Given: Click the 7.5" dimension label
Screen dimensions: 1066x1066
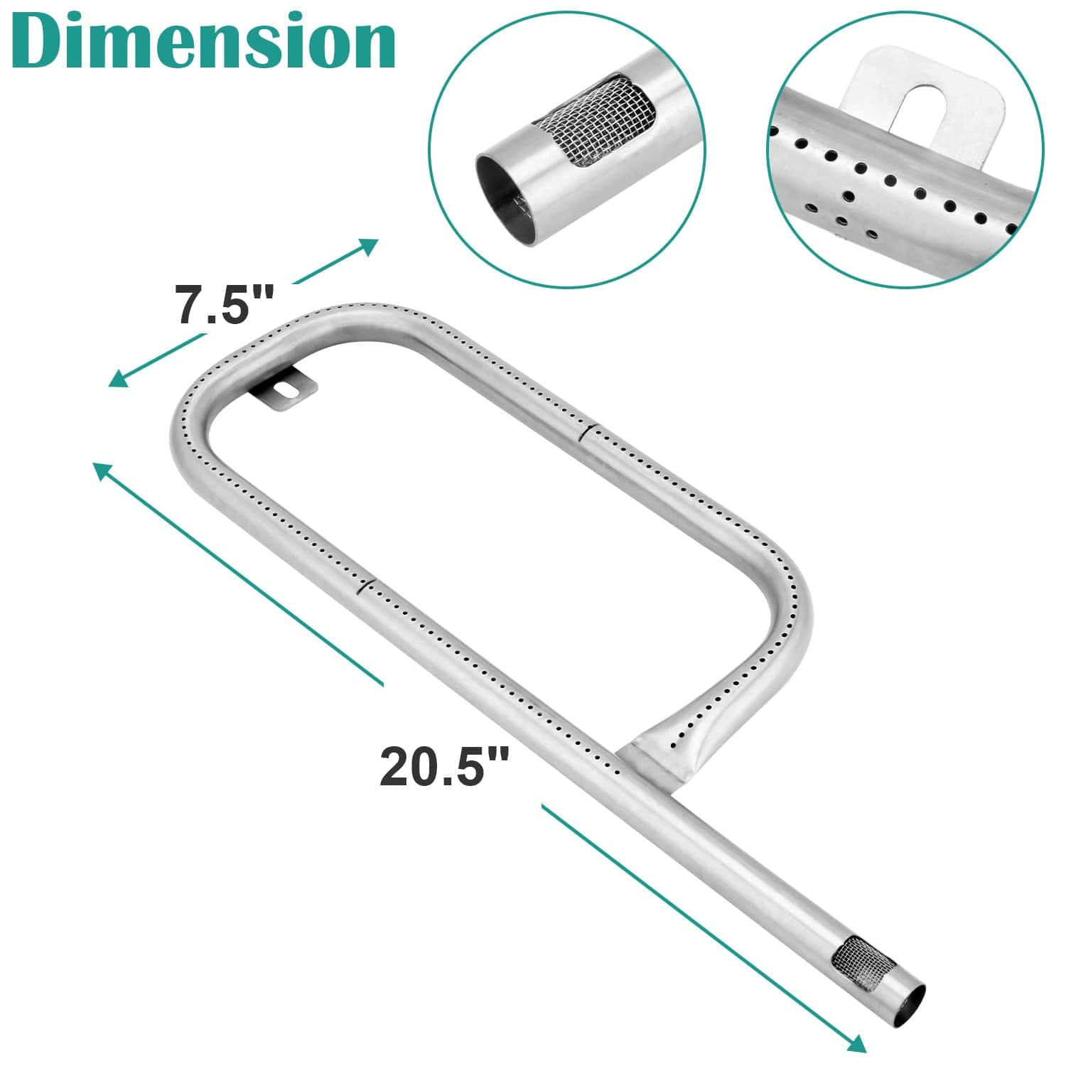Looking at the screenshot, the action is click(225, 306).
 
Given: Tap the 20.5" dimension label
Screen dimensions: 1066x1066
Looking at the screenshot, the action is click(445, 766).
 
